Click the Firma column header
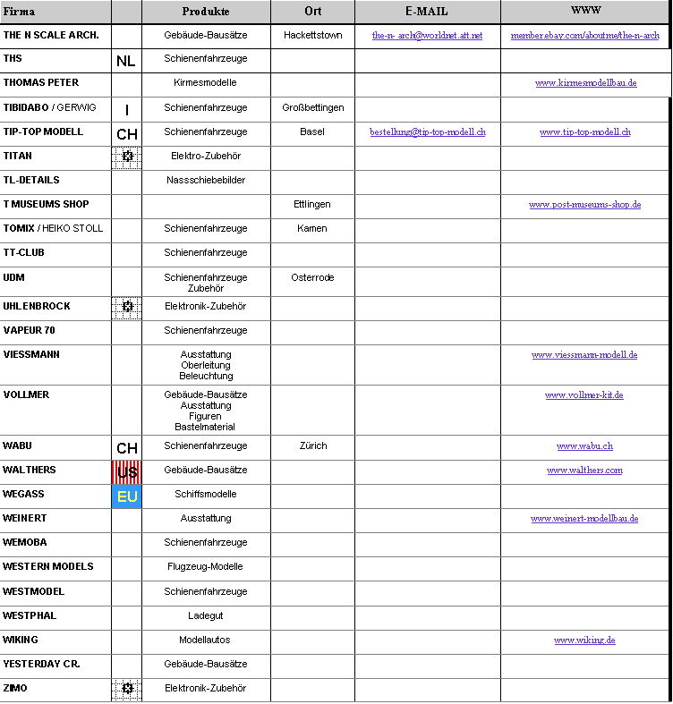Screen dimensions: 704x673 pyautogui.click(x=19, y=12)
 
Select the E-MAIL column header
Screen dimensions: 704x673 pyautogui.click(x=427, y=12)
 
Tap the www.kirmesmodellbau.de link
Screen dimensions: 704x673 pyautogui.click(x=585, y=82)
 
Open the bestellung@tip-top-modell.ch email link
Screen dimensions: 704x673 pyautogui.click(x=427, y=131)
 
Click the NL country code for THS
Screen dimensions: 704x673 pyautogui.click(x=126, y=62)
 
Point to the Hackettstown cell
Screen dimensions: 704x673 pyautogui.click(x=312, y=35)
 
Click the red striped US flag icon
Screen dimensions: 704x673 pyautogui.click(x=126, y=471)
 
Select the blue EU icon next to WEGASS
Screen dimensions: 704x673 pyautogui.click(x=126, y=496)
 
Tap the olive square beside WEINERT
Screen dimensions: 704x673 pyautogui.click(x=126, y=520)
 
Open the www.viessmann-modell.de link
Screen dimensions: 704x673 pyautogui.click(x=584, y=354)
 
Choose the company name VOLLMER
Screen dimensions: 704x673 pyautogui.click(x=26, y=394)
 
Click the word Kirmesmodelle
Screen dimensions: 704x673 pyautogui.click(x=205, y=82)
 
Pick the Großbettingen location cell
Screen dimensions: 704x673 pyautogui.click(x=312, y=107)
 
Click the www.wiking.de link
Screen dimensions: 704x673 pyautogui.click(x=584, y=640)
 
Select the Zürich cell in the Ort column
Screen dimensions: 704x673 pyautogui.click(x=312, y=445)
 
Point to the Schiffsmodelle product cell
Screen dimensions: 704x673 pyautogui.click(x=205, y=494)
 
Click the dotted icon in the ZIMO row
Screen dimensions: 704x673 pyautogui.click(x=126, y=689)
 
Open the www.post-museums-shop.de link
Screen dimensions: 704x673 pyautogui.click(x=584, y=205)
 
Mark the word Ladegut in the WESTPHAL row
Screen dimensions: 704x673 pyautogui.click(x=205, y=615)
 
